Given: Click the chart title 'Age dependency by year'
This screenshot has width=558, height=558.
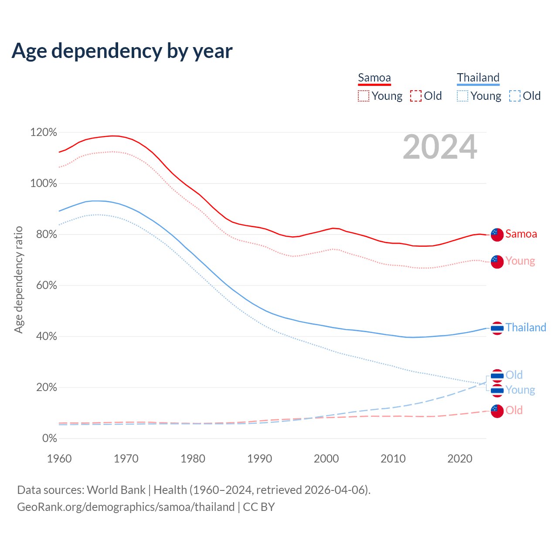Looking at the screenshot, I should (122, 51).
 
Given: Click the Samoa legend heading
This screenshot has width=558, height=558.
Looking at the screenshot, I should (374, 78).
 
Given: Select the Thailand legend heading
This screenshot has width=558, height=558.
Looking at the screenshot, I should (478, 78).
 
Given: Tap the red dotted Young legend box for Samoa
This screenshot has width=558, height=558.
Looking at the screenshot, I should (363, 96).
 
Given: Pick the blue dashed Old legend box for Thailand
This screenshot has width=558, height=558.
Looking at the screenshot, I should (514, 96).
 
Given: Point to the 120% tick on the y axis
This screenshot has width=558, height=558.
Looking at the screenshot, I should (44, 132).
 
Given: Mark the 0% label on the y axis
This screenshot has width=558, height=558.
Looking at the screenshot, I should (50, 439).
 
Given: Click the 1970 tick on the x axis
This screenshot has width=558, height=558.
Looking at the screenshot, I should (126, 459).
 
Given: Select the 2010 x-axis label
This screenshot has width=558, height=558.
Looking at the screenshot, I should (393, 459).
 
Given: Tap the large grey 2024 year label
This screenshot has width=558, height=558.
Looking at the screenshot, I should (440, 147).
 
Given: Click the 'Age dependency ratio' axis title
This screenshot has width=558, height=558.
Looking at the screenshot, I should (18, 279).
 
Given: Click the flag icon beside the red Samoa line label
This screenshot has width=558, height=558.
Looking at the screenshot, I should (497, 235).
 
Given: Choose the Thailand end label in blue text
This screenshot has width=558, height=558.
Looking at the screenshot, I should (526, 328).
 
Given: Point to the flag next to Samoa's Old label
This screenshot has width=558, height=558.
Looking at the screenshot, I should (497, 411).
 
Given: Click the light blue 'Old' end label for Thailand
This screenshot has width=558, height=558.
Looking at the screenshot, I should (514, 375).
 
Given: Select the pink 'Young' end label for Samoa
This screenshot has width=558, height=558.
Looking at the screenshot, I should (520, 261).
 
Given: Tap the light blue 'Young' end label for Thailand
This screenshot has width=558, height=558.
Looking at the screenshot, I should (520, 390).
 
